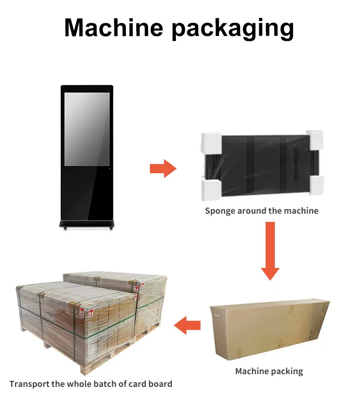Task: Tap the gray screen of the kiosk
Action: [x=87, y=129]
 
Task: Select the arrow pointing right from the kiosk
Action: [x=163, y=169]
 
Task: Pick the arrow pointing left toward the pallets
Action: [x=188, y=325]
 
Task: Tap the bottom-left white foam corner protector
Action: [x=210, y=189]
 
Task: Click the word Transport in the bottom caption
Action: [x=29, y=384]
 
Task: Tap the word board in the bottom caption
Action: [x=161, y=384]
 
